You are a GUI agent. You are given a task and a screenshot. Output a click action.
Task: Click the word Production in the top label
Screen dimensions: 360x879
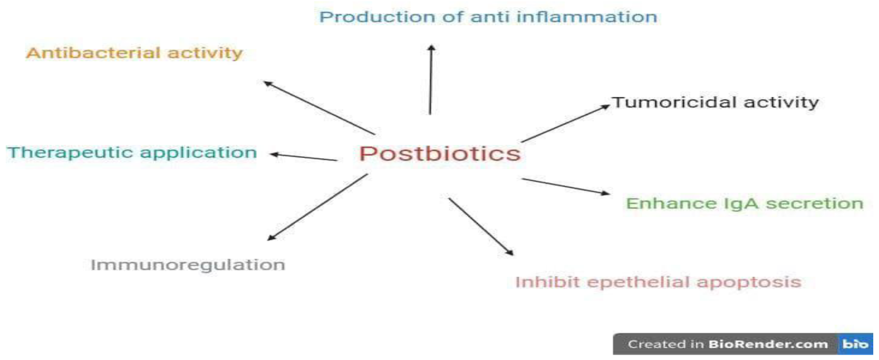[377, 17]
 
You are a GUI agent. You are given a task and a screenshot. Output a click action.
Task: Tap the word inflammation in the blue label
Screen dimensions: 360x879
[587, 17]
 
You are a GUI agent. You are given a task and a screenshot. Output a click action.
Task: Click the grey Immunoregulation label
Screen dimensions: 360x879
[188, 265]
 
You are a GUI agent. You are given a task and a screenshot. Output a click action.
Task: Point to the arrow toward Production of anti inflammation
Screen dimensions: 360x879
[431, 80]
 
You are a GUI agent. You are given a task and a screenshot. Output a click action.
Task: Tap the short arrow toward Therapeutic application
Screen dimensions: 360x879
[304, 157]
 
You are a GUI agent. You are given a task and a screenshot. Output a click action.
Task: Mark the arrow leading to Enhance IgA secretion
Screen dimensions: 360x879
[565, 186]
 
